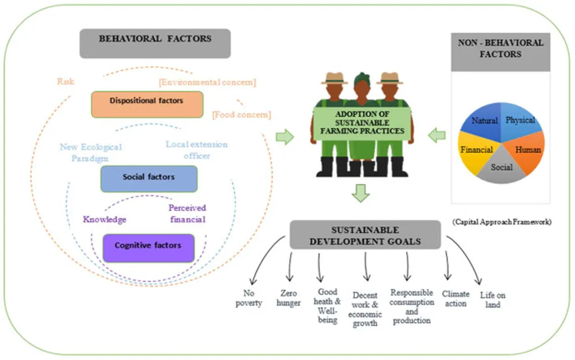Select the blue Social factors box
click(x=149, y=178)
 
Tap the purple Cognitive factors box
click(x=148, y=247)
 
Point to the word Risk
click(x=66, y=81)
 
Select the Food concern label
click(x=241, y=116)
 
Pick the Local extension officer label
click(x=197, y=150)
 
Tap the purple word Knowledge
click(x=104, y=220)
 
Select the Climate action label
click(x=455, y=298)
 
